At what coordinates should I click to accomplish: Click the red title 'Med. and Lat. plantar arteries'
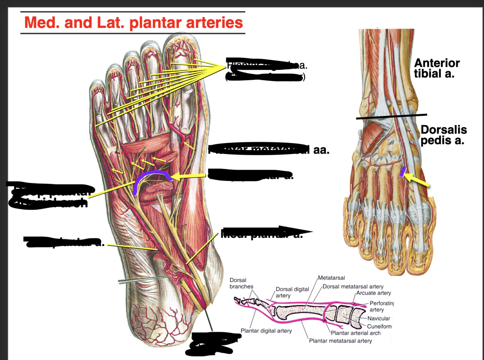pos(133,22)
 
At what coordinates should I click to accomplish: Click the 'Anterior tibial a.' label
pos(436,68)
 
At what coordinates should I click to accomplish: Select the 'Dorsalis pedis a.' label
pos(443,135)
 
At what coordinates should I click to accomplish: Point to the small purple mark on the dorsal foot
pos(402,171)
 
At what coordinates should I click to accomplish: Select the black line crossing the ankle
pos(391,116)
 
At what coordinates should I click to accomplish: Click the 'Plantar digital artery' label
pos(266,331)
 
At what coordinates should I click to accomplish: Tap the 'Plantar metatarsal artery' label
pos(340,341)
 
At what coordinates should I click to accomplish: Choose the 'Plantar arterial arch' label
pos(356,333)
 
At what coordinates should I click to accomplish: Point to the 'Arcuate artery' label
pos(373,293)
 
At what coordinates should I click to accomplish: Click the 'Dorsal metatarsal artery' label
pos(353,286)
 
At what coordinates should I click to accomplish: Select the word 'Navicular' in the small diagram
pos(378,318)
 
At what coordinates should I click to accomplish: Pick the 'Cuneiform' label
pos(379,326)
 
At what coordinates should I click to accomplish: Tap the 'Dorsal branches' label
pos(241,283)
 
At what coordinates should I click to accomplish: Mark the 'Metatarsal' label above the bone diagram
pos(331,278)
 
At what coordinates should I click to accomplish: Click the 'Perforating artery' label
pos(381,306)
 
